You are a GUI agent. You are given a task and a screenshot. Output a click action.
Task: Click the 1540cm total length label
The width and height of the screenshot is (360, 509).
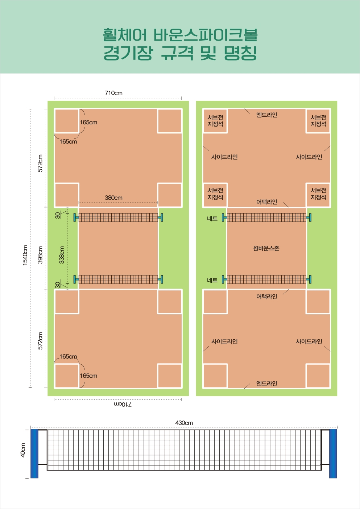(25, 255)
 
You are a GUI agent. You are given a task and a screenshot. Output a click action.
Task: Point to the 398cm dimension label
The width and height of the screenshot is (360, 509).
(40, 255)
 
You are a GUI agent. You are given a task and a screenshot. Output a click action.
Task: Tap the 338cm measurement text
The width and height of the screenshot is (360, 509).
(62, 255)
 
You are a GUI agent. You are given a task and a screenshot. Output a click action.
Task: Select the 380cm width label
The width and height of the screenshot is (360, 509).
(113, 198)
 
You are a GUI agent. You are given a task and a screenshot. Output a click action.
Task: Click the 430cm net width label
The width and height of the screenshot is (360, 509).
(184, 423)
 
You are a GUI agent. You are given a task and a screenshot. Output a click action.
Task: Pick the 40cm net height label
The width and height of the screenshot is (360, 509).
(23, 450)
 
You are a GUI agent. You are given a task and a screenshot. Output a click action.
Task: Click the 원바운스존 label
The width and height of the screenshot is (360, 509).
(266, 248)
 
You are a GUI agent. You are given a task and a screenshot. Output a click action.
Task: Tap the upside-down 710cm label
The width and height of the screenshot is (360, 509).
(123, 404)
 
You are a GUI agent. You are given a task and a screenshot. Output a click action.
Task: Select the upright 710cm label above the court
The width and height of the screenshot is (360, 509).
(113, 93)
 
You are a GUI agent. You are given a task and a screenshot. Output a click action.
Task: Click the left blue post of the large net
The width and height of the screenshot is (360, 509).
(34, 454)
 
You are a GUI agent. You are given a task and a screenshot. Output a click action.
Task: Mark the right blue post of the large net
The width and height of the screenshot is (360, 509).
(333, 454)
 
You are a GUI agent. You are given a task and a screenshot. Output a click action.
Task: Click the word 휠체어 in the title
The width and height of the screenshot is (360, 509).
(125, 35)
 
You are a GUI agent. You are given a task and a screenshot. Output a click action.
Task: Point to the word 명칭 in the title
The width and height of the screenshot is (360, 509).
(240, 53)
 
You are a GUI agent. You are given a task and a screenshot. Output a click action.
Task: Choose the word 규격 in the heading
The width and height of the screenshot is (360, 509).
(178, 53)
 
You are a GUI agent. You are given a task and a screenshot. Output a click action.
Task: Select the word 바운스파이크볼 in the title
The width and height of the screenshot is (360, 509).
(206, 35)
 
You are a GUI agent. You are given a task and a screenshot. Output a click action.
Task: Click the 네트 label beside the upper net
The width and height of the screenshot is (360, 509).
(212, 219)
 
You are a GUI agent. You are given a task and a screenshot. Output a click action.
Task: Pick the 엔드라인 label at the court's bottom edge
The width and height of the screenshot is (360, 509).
(267, 383)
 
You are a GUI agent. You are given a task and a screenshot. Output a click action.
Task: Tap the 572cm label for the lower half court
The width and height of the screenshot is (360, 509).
(40, 341)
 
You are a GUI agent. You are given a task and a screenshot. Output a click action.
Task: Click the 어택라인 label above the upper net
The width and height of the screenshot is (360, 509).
(267, 202)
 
